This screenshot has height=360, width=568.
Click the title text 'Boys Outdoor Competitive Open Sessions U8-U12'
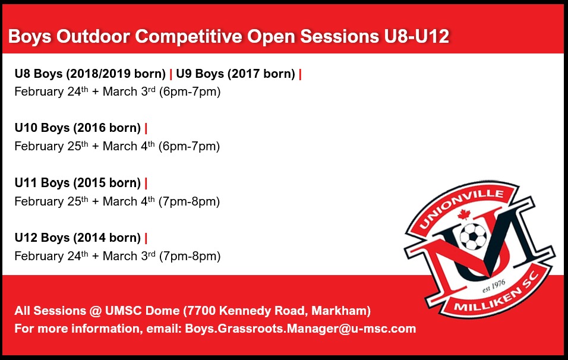[x=228, y=37]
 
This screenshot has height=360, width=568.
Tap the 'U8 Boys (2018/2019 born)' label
[x=90, y=74]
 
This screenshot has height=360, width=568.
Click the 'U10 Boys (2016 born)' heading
[x=77, y=128]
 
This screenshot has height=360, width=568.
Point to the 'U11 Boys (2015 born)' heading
[x=77, y=183]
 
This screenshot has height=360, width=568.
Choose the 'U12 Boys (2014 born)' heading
[x=77, y=238]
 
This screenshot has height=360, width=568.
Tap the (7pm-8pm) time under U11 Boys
[x=189, y=201]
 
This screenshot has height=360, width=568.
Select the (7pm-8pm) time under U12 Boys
[x=190, y=257]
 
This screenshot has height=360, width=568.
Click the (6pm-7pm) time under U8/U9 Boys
[x=190, y=92]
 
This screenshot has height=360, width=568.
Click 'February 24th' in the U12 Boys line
[x=51, y=257]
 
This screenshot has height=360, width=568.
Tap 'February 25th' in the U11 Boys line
[x=51, y=201]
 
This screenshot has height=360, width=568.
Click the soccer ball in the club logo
[x=473, y=237]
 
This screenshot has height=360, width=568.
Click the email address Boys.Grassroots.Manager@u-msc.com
[x=300, y=329]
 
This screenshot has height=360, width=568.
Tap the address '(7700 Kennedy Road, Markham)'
[x=277, y=311]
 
